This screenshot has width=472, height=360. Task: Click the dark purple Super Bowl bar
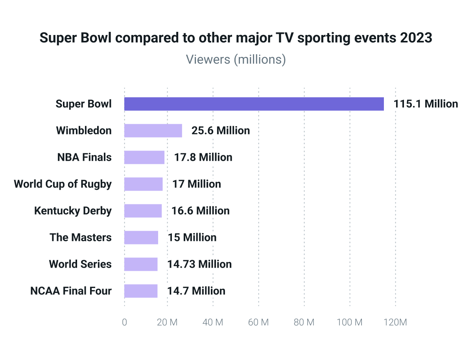(x=254, y=104)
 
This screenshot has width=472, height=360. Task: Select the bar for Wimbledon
(x=153, y=130)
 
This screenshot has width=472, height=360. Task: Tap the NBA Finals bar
(x=144, y=157)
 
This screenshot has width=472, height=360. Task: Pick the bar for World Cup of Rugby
(x=143, y=184)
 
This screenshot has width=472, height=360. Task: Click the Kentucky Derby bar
(x=143, y=211)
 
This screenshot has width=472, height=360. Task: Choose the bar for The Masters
(x=141, y=237)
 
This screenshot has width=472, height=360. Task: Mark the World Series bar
(x=141, y=264)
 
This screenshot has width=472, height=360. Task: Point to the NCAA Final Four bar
(x=141, y=291)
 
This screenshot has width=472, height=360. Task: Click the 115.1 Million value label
(x=426, y=104)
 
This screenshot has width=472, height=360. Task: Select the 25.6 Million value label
(x=221, y=130)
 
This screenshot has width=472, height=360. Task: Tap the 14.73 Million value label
(x=199, y=264)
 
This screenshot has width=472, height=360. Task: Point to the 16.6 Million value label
(x=201, y=211)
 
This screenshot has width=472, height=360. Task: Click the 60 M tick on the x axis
(x=259, y=322)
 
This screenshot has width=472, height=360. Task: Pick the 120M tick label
(x=395, y=322)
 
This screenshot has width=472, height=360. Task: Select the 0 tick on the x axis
(x=124, y=322)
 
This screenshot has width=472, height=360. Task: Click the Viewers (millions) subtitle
(x=236, y=59)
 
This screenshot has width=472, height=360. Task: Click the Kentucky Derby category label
(x=73, y=211)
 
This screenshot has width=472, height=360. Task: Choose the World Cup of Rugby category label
(x=63, y=184)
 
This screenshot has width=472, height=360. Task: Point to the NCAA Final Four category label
(x=71, y=291)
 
